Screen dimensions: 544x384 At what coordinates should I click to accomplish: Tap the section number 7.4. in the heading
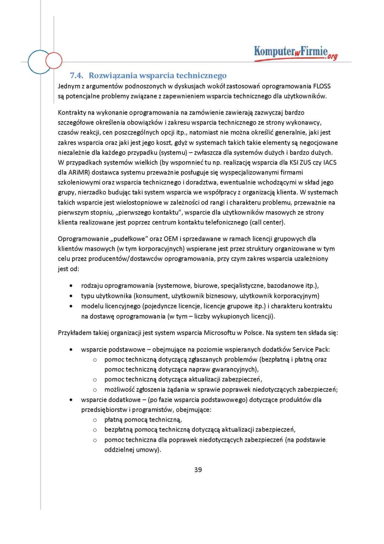coord(76,75)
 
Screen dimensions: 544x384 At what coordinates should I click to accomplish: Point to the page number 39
coord(198,470)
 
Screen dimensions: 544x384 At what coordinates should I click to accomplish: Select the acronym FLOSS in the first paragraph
coord(322,86)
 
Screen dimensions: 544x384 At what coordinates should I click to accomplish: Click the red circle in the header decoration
coord(54,60)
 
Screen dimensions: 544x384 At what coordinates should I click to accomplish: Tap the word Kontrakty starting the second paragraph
coord(72,113)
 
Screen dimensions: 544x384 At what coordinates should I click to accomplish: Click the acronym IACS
coord(329,163)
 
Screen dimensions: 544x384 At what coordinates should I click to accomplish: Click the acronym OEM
coord(170,239)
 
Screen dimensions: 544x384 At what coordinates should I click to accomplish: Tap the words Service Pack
coord(311,349)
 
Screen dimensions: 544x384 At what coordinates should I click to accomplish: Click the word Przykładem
coord(75,333)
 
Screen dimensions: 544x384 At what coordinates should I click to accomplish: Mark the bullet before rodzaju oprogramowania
coord(71,286)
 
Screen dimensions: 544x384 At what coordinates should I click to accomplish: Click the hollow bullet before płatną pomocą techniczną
coord(94,420)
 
